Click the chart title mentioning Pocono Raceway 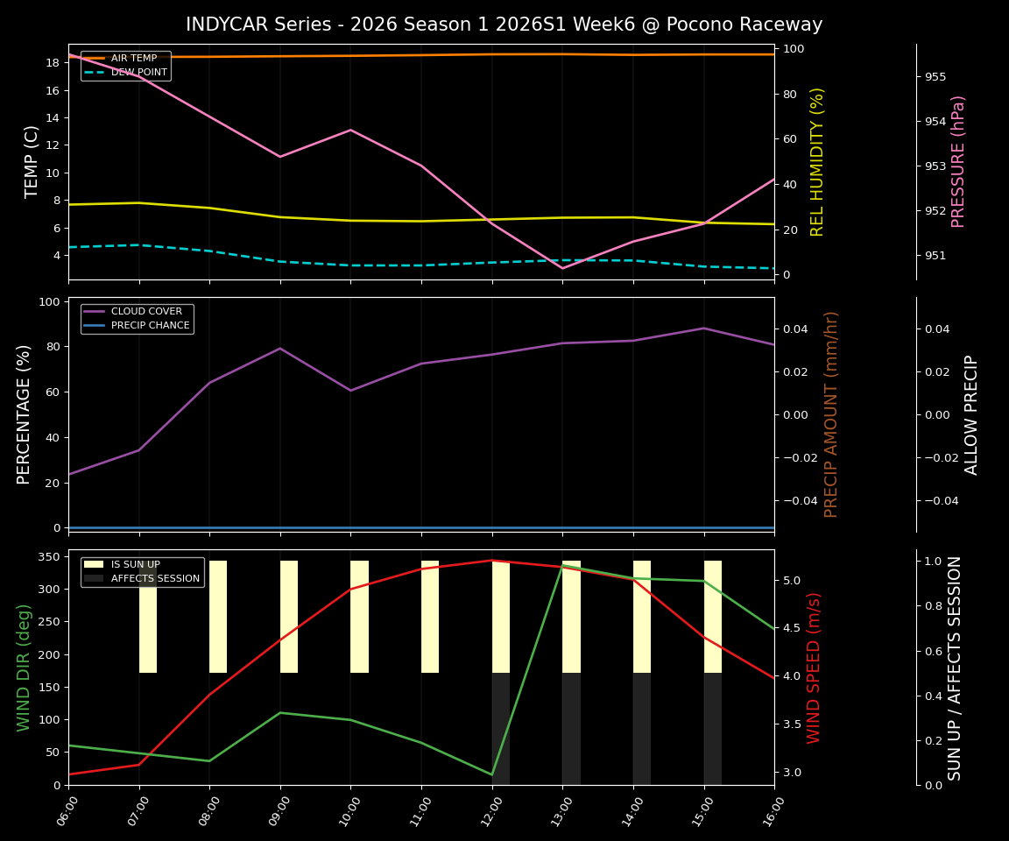tap(504, 25)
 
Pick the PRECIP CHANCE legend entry tap(150, 326)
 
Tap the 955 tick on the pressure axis tap(935, 77)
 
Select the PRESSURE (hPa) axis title tap(958, 161)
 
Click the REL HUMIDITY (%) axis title tap(818, 161)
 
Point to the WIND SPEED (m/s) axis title tap(815, 668)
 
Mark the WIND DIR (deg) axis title tap(25, 668)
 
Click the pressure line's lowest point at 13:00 tap(562, 268)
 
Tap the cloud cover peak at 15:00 tap(703, 329)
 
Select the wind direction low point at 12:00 tap(492, 774)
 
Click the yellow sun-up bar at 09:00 tap(289, 617)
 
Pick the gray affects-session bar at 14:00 tap(642, 729)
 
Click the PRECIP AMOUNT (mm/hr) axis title tap(832, 414)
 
